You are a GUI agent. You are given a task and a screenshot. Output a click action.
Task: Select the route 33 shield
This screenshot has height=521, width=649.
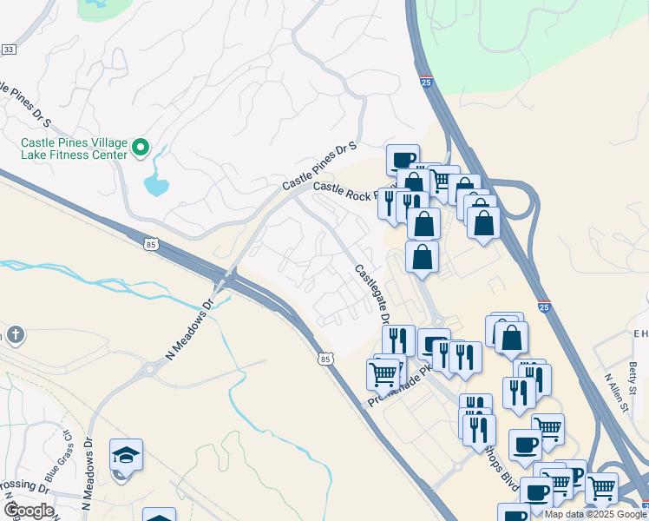(x=9, y=49)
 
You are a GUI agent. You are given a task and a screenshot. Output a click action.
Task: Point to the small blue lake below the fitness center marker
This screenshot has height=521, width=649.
(x=156, y=184)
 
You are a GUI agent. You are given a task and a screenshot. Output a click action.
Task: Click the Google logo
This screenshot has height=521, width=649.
(x=29, y=511)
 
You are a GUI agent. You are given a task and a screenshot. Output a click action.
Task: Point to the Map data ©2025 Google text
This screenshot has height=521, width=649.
(x=595, y=514)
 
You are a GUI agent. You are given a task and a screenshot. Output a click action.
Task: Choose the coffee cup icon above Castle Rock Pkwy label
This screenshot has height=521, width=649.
(x=403, y=159)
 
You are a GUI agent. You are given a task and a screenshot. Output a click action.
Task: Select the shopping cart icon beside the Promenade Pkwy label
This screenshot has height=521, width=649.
(x=383, y=374)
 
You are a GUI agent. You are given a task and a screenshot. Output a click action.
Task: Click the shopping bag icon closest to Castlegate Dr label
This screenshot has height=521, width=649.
(x=422, y=257)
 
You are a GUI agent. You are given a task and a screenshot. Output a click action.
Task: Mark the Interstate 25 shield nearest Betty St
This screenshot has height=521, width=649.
(x=544, y=307)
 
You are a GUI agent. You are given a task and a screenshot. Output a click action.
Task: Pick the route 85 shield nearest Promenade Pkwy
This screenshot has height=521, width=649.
(x=324, y=357)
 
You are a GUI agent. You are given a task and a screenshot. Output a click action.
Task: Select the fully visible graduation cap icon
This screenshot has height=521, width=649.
(x=126, y=455)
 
